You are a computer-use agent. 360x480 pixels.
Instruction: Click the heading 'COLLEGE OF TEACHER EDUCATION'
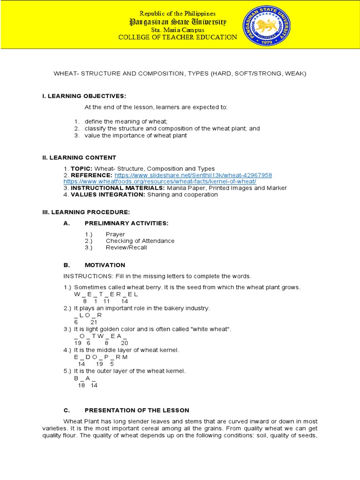point(178,37)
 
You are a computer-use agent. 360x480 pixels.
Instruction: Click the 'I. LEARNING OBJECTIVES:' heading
point(84,96)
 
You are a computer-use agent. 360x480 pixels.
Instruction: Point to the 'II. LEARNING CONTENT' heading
point(79,157)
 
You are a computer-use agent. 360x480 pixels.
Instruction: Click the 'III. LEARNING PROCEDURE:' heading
point(83,212)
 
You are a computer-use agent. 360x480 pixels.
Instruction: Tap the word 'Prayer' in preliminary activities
point(115,234)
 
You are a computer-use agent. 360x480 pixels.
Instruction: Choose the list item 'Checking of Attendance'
point(140,241)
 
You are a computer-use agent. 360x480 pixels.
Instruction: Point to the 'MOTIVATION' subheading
point(105,265)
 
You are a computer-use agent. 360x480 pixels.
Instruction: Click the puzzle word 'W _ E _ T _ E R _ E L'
point(106,294)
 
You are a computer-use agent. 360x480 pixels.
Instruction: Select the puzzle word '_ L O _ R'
point(88,315)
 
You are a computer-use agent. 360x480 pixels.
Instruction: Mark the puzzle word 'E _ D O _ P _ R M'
point(101,357)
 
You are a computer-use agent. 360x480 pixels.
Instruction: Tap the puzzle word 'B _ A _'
point(85,378)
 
